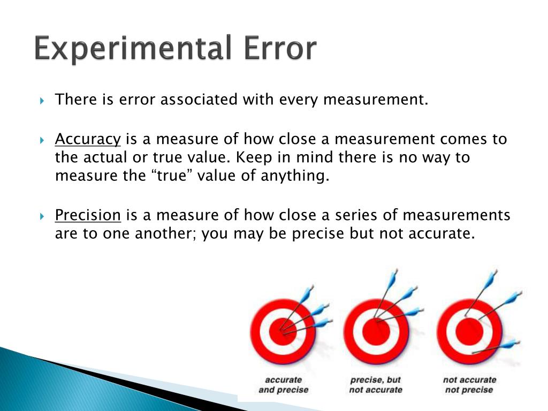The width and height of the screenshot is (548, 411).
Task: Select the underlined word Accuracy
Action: point(88,140)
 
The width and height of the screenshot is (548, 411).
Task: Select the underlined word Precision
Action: point(88,216)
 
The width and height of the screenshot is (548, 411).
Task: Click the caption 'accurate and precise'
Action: point(284,385)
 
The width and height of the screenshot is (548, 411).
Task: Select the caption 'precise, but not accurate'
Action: point(376,385)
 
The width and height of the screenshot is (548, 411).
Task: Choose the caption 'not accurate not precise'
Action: point(469,385)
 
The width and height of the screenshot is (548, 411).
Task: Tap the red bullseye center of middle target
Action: point(376,332)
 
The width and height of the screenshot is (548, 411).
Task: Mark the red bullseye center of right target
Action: point(469,332)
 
